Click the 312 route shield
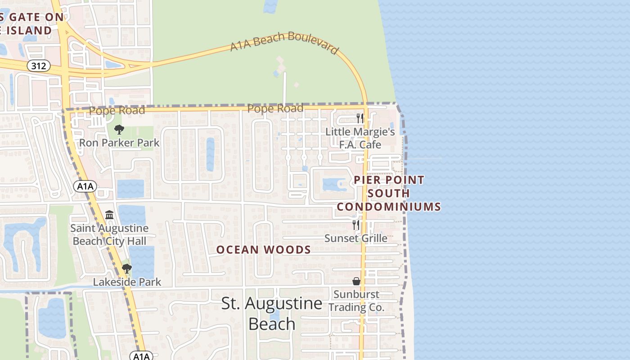point(39,66)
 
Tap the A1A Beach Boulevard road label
point(284,43)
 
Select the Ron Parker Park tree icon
point(119,130)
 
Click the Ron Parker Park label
point(119,143)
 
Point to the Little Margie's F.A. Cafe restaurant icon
point(360,118)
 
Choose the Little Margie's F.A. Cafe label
point(360,138)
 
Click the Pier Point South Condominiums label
point(389,193)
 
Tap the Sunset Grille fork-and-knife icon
point(356,225)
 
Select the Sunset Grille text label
point(356,238)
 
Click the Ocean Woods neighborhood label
point(264,250)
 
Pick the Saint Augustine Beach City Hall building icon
point(109,215)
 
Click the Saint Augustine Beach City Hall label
point(109,234)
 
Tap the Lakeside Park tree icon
point(127,269)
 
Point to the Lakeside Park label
point(127,282)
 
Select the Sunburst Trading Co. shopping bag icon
point(356,281)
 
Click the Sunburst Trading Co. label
point(356,301)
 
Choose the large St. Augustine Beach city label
point(272,314)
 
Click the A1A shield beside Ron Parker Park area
point(85,186)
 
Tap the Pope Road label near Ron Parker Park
point(117,110)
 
